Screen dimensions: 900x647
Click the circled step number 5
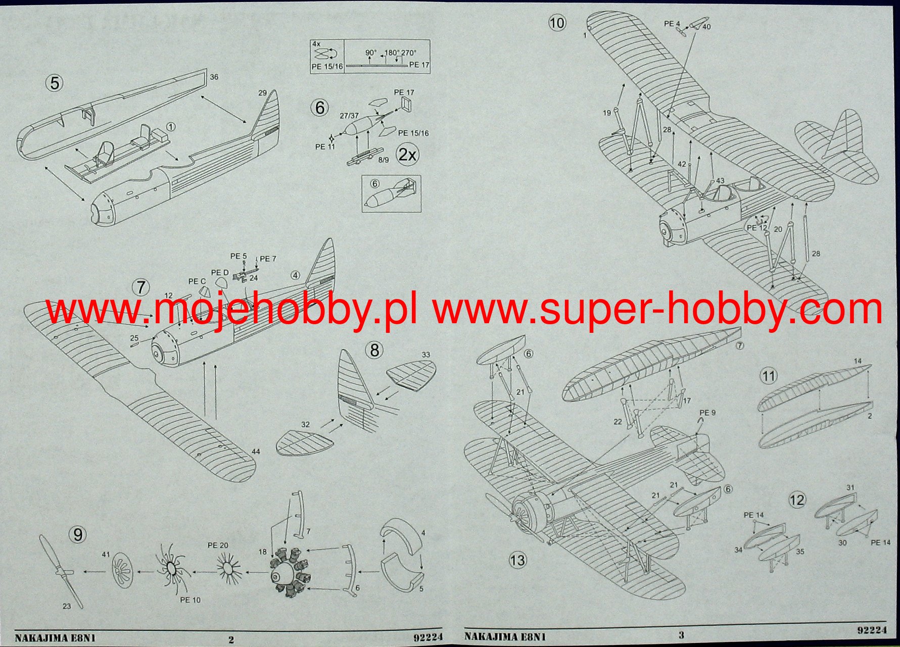[x=55, y=82]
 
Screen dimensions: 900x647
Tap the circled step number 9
[x=77, y=535]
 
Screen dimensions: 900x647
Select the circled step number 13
[x=517, y=560]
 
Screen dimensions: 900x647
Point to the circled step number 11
[x=769, y=376]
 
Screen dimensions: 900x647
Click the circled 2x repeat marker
[x=407, y=155]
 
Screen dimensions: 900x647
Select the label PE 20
[x=218, y=545]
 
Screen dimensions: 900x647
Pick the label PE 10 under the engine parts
[x=190, y=600]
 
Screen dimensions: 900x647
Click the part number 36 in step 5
[x=214, y=77]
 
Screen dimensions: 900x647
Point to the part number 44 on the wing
[x=256, y=451]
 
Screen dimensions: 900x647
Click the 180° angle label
[x=391, y=53]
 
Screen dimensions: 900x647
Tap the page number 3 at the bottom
[x=681, y=635]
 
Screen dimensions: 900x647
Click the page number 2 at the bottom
[x=231, y=639]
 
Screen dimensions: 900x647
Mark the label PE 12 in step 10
[x=756, y=228]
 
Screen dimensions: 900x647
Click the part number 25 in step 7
[x=134, y=338]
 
